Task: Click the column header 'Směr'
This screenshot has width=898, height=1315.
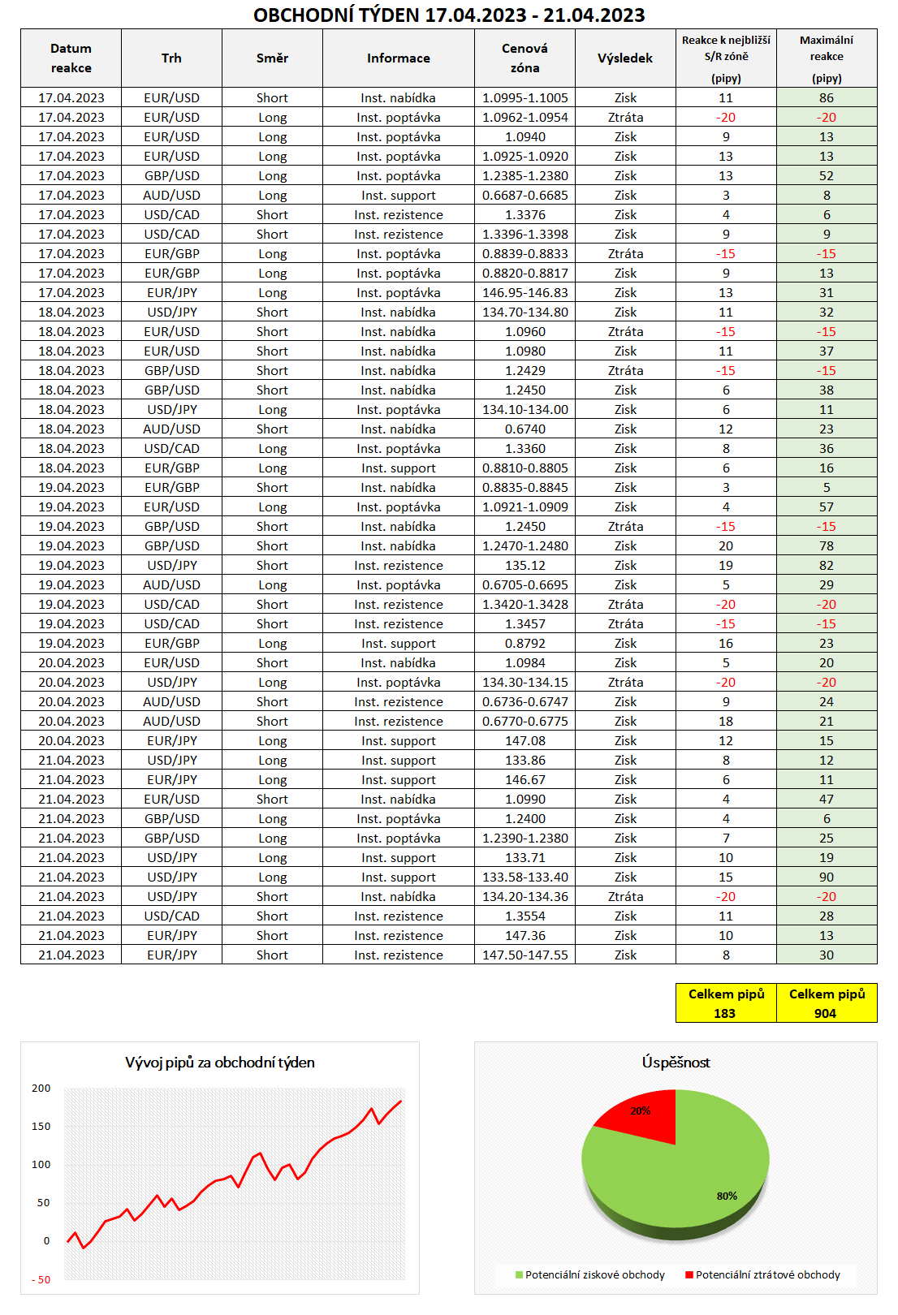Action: (x=272, y=58)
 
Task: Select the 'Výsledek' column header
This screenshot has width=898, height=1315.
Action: (x=625, y=58)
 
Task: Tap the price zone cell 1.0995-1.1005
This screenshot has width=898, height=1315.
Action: (x=525, y=98)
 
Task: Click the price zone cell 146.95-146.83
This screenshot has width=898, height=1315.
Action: (x=525, y=293)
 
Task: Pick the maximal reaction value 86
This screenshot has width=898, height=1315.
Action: (x=827, y=98)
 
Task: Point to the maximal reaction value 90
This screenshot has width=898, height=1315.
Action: (x=827, y=877)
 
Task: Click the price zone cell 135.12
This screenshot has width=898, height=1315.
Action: (x=525, y=566)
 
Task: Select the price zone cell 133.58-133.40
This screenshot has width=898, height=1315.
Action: (x=525, y=877)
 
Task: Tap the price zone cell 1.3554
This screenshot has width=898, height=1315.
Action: (x=525, y=916)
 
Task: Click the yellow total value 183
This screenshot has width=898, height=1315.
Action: (x=725, y=1013)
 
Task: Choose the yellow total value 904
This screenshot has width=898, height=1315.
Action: (x=826, y=1013)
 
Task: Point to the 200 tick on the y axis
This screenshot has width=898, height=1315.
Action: (x=41, y=1089)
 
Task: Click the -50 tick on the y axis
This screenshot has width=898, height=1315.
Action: (x=41, y=1280)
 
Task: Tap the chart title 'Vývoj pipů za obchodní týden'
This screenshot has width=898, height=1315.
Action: (x=220, y=1063)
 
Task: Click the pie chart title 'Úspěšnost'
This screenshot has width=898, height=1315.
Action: (x=676, y=1063)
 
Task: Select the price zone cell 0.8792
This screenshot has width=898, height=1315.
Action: (x=525, y=644)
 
